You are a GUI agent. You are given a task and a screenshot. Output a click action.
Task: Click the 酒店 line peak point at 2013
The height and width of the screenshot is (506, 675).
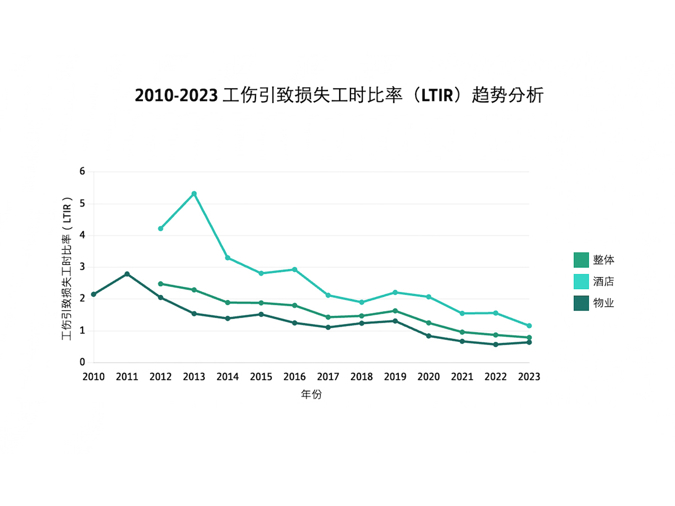pos(194,193)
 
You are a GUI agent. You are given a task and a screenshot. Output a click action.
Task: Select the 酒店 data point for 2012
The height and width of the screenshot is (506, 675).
pos(160,228)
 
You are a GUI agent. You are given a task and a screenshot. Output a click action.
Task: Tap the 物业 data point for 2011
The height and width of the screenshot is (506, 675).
pos(127,274)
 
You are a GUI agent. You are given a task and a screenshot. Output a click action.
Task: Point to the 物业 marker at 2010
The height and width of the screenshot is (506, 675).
pos(93,294)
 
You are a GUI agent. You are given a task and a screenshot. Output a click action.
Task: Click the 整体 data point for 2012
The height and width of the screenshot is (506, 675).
pos(160,284)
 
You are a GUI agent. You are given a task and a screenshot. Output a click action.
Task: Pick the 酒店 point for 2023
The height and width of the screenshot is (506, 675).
pos(529,326)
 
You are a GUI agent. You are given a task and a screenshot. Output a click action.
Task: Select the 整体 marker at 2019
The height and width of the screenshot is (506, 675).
pos(395,311)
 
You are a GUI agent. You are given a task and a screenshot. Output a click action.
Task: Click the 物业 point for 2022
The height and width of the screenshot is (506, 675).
pos(496,344)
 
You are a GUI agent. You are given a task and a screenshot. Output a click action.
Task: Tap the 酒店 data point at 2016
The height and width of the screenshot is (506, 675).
pos(295,269)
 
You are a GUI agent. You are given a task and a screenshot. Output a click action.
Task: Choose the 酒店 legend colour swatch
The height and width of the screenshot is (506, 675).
pos(581,281)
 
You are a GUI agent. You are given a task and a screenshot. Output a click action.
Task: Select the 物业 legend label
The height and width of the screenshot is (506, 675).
pos(603,303)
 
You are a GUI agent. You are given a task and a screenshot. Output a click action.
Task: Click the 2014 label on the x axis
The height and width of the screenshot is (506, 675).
pos(227,377)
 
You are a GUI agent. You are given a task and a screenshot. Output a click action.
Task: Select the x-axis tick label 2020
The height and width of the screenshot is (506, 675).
pos(429,377)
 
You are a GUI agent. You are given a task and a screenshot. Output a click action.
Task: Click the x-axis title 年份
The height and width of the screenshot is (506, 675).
pos(311,395)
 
